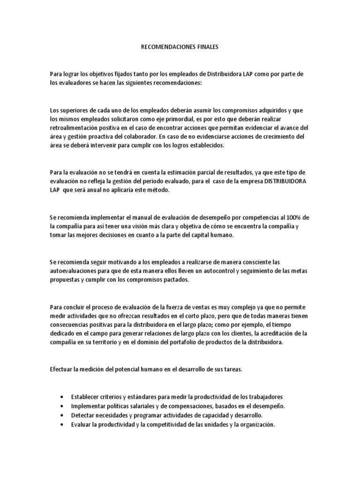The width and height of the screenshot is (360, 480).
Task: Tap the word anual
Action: [x=117, y=190]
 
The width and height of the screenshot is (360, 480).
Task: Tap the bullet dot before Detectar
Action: [x=62, y=416]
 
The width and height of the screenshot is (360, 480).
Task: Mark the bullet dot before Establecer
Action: [x=62, y=397]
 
